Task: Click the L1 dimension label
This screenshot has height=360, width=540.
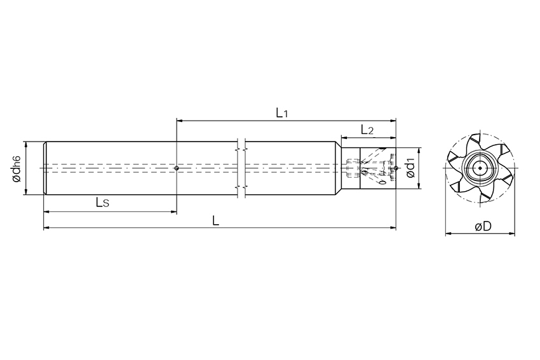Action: [x=281, y=112]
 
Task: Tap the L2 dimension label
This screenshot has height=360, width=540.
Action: [x=367, y=130]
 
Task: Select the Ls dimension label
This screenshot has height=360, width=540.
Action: [x=102, y=203]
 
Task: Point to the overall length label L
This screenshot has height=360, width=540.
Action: [x=215, y=220]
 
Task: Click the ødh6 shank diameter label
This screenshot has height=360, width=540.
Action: [x=17, y=169]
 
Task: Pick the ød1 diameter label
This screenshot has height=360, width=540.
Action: [x=410, y=169]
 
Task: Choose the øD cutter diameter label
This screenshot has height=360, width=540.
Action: [x=483, y=226]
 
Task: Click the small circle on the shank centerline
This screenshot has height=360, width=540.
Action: [x=177, y=168]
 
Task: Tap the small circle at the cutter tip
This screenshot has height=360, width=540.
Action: [x=396, y=168]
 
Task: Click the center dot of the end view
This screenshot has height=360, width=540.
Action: [x=480, y=168]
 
